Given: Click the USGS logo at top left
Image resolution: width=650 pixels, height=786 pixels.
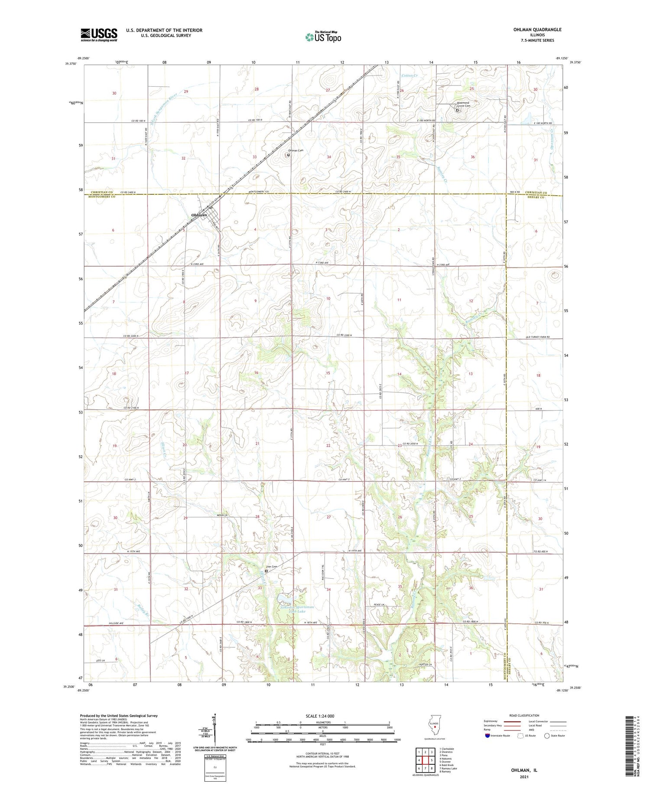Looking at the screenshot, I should [x=99, y=35].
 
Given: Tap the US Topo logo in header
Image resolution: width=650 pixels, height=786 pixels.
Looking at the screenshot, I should [x=323, y=37].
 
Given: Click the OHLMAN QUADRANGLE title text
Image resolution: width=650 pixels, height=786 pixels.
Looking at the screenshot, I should [x=537, y=29].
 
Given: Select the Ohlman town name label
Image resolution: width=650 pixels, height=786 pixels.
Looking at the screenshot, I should [x=199, y=215].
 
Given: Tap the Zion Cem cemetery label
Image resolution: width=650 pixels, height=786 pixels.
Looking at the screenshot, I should [x=271, y=567].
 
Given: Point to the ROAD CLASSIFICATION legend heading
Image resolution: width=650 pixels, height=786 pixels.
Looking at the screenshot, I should [x=524, y=715].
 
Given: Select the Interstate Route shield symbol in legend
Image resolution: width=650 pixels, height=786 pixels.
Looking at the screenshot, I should [x=487, y=736].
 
